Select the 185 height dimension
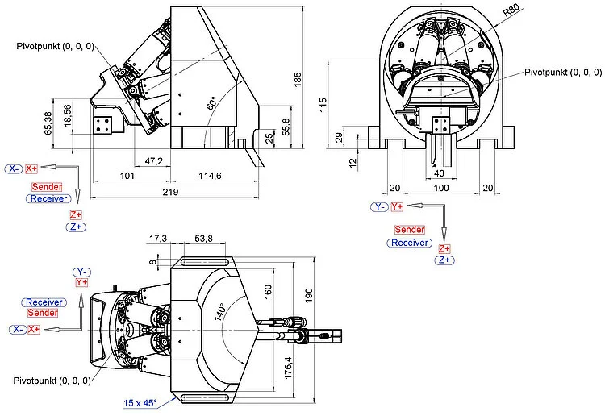click(x=298, y=79)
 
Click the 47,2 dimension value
click(x=154, y=161)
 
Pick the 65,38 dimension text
click(x=51, y=123)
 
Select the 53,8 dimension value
click(x=204, y=239)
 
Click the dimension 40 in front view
click(x=439, y=173)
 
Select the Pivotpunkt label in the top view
click(x=51, y=379)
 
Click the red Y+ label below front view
click(x=397, y=207)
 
